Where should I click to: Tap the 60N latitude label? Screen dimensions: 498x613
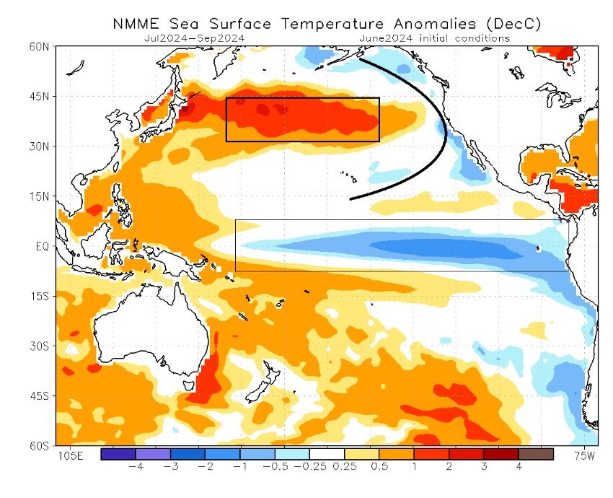point(40,47)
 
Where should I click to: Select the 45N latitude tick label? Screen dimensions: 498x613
point(40,97)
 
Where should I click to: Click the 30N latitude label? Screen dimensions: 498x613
point(40,147)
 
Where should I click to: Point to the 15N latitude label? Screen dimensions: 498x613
point(40,196)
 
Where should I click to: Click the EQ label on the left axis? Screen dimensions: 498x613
point(42,246)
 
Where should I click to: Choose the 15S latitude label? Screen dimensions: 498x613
point(40,296)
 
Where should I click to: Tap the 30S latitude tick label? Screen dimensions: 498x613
point(40,346)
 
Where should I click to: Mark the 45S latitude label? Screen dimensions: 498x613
point(40,396)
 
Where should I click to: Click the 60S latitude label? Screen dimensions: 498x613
point(40,445)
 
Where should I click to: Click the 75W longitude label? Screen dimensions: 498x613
point(584,456)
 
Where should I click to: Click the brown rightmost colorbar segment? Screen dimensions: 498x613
point(536,454)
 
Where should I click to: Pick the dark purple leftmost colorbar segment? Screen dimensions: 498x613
point(118,454)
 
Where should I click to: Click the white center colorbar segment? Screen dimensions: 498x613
point(327,454)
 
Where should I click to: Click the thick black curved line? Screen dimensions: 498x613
point(445,134)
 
